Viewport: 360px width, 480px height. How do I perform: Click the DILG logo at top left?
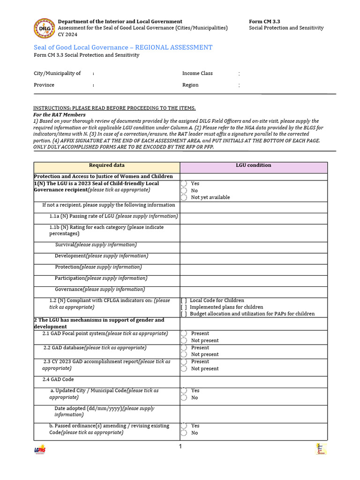44,28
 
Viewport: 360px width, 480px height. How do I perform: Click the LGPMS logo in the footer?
39,450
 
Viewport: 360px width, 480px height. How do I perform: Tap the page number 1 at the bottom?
180,447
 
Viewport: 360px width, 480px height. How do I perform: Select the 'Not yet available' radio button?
184,198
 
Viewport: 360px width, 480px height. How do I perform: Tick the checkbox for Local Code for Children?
184,300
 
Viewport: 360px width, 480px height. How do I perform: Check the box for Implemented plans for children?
184,307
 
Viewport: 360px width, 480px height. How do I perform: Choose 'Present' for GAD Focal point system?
184,334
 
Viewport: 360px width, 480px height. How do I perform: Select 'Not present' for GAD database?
184,355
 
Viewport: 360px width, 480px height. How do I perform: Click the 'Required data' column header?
107,165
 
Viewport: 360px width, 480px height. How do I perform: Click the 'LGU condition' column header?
254,165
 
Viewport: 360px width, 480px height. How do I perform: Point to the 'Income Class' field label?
197,74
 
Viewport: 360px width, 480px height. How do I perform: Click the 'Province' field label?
44,85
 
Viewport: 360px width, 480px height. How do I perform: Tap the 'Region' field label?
190,85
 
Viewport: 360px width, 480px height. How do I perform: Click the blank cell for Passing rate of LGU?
254,217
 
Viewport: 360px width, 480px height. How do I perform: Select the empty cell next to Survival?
254,245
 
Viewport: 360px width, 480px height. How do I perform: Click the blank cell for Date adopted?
254,412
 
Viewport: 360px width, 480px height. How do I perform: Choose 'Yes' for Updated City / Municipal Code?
184,390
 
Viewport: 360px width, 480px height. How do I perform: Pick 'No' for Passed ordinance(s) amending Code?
184,433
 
